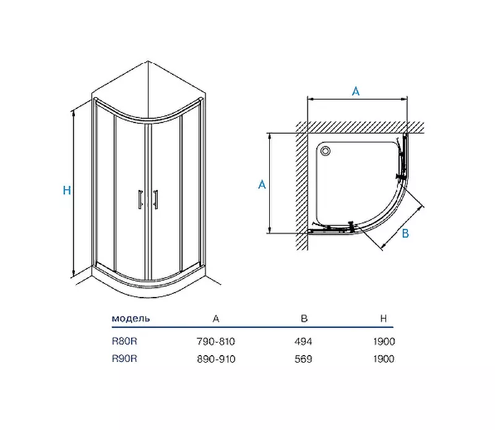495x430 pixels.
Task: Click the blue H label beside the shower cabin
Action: (x=67, y=190)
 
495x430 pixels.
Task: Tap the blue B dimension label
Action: (x=405, y=234)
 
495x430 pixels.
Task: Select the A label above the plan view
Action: (x=356, y=91)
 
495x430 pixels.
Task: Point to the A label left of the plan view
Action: (x=262, y=184)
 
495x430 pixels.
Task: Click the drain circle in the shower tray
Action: (x=325, y=151)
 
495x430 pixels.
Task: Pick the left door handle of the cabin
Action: (x=140, y=199)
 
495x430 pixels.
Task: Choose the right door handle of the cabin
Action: (x=156, y=199)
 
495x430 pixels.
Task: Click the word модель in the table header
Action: (x=131, y=318)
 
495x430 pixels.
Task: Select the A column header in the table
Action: (x=216, y=319)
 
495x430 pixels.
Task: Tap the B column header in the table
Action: (x=304, y=319)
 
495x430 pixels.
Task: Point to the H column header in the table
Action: (x=384, y=319)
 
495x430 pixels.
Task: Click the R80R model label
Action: (x=124, y=342)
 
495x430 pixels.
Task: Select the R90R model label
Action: (x=124, y=359)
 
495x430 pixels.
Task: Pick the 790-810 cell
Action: (x=216, y=342)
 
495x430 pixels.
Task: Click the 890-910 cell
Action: (x=216, y=359)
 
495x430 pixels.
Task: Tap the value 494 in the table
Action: (x=303, y=342)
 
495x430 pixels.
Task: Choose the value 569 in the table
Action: (x=303, y=359)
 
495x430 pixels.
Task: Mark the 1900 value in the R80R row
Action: (x=384, y=342)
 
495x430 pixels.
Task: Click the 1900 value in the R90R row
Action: (x=384, y=359)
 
